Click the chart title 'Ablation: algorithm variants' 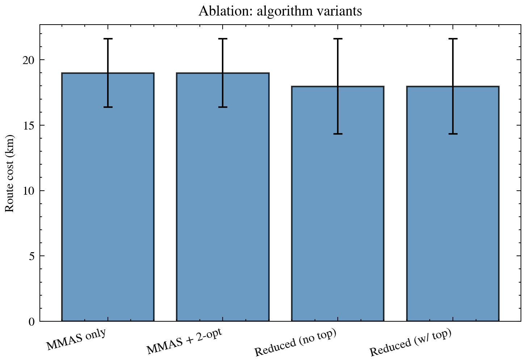(x=280, y=11)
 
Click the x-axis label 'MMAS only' (x=76, y=340)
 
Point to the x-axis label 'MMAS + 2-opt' (x=184, y=342)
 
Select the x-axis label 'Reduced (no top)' (x=295, y=343)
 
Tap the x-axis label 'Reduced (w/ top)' (x=411, y=343)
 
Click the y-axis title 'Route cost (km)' (x=9, y=173)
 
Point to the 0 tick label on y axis (x=31, y=322)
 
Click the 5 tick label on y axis (x=31, y=256)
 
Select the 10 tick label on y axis (x=29, y=191)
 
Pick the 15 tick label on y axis (x=29, y=126)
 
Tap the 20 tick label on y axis (x=29, y=60)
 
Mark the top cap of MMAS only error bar (x=108, y=39)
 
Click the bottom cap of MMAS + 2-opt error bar (x=223, y=107)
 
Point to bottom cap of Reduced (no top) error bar (x=338, y=134)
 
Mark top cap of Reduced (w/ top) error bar (x=453, y=39)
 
